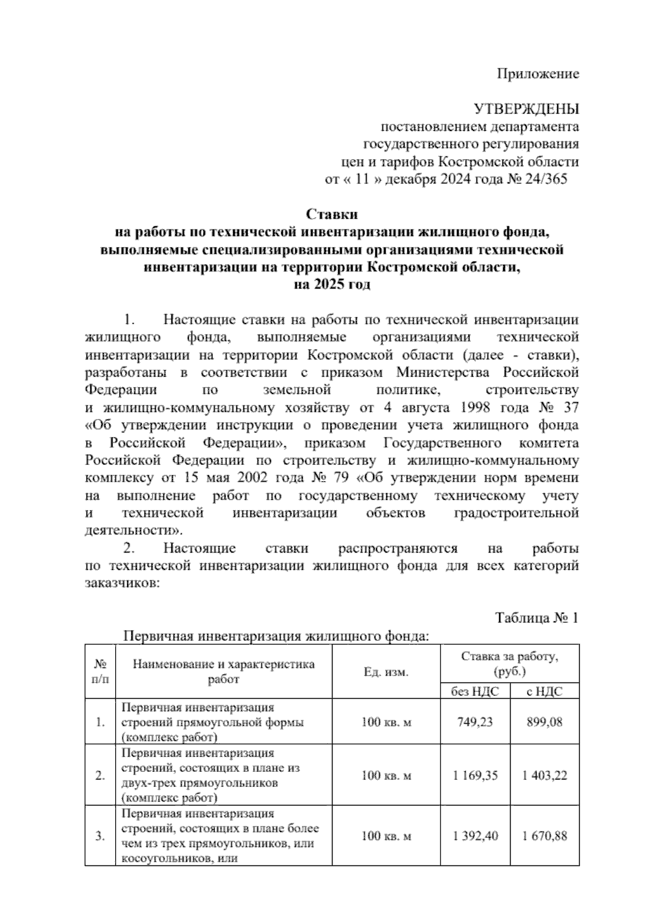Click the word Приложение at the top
tap(538, 74)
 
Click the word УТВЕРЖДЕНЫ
tap(526, 109)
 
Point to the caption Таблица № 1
tap(537, 618)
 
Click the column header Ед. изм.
tap(386, 673)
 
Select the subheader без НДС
tap(475, 691)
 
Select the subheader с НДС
tap(545, 691)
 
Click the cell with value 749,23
tap(475, 722)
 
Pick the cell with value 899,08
tap(545, 722)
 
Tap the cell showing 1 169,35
tap(475, 776)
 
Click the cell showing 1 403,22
tap(545, 776)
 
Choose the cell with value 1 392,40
tap(475, 836)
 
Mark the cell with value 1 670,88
tap(545, 836)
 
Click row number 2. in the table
tap(100, 776)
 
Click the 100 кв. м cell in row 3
tap(386, 836)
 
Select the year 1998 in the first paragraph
tap(476, 407)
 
